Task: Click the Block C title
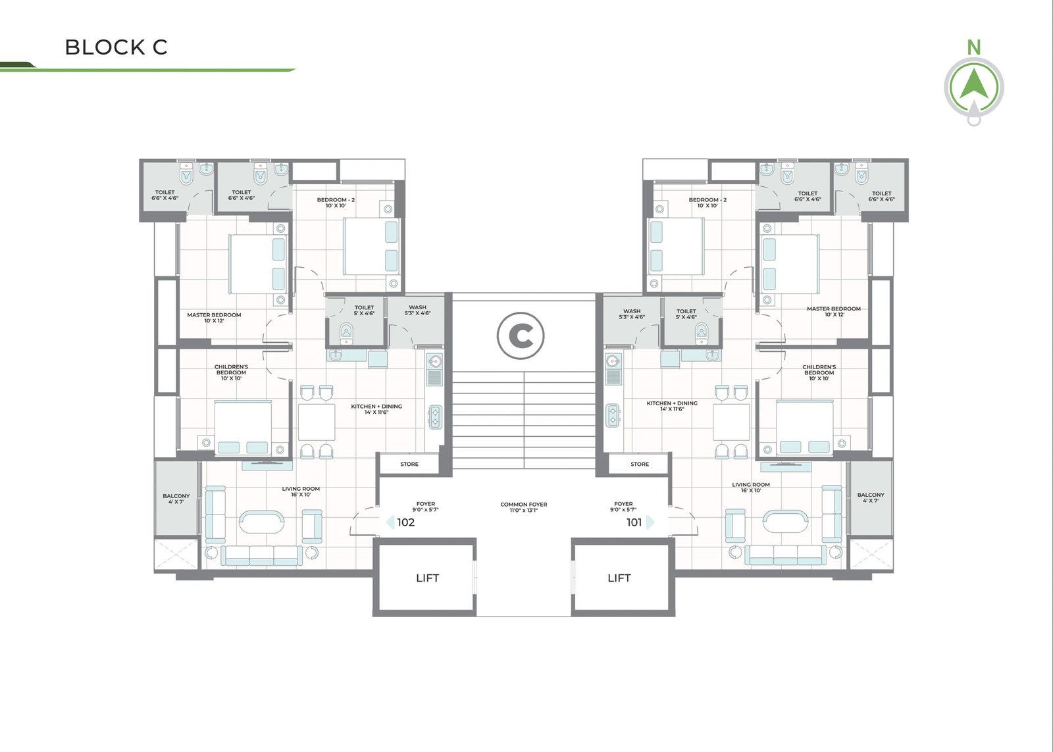point(116,47)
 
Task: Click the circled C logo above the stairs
point(521,336)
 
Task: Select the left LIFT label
point(427,578)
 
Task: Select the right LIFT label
point(619,578)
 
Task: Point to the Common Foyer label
point(524,507)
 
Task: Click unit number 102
point(405,522)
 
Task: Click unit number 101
point(634,522)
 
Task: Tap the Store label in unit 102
point(409,464)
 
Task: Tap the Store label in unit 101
point(640,464)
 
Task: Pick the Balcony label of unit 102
point(176,499)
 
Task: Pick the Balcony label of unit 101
point(871,498)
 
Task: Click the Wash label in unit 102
point(417,310)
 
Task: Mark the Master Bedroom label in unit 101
point(834,312)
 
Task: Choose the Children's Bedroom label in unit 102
point(231,372)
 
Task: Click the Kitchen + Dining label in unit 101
point(672,406)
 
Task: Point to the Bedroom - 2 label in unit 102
point(336,203)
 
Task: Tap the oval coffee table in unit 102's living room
point(261,521)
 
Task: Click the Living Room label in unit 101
point(751,488)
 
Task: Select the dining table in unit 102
point(317,421)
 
